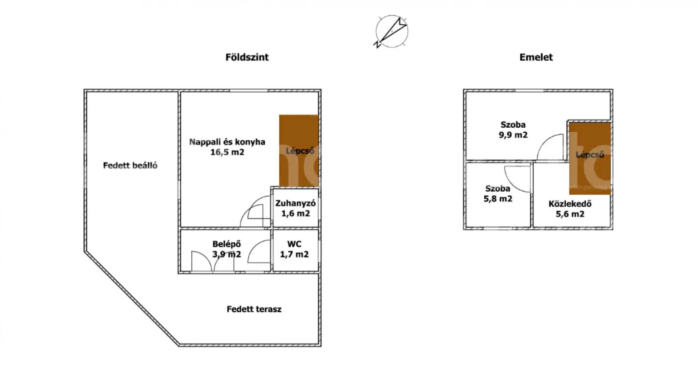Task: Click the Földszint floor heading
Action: pos(247,57)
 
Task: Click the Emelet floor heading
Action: pos(536,57)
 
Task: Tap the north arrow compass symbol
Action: pos(392,32)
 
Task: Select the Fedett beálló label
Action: pos(130,165)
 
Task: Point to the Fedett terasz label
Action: pos(254,309)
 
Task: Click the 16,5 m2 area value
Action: pos(227,152)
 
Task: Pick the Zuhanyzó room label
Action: pos(296,203)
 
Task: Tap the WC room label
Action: pos(294,244)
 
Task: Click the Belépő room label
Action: pos(226,244)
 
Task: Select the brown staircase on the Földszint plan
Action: pos(299,151)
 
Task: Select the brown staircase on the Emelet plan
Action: pos(590,158)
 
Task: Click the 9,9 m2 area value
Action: pos(513,135)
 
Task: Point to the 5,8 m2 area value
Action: pos(498,199)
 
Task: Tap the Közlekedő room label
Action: pos(570,204)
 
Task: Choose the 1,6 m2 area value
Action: pos(296,213)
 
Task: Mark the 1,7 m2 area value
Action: pos(294,254)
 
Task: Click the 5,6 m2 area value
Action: pos(570,214)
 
